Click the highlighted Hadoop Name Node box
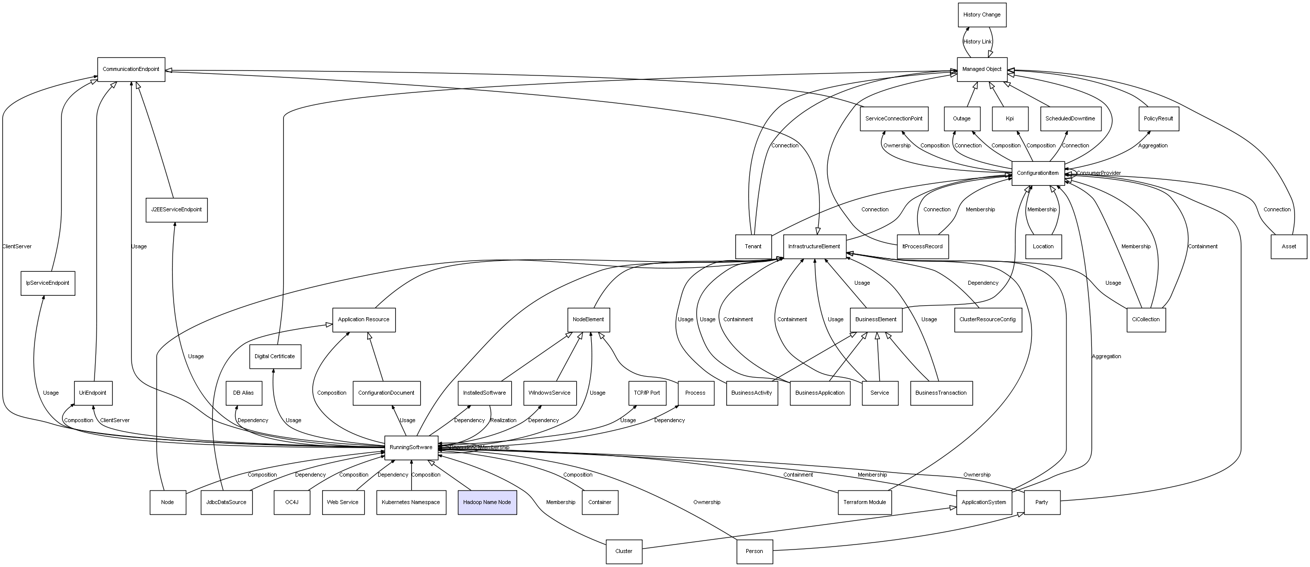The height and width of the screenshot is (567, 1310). pos(487,502)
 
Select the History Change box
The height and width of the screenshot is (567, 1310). pos(981,14)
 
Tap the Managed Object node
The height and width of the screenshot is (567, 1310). pos(981,69)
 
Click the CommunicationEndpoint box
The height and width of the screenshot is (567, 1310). pos(131,69)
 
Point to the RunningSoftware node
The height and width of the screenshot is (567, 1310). pos(411,447)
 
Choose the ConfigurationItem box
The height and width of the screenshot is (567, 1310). pos(1037,173)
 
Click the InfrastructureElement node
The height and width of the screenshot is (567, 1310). pos(814,246)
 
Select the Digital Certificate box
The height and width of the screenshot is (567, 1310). pos(275,356)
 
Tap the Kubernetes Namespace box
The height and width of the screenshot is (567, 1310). pos(411,502)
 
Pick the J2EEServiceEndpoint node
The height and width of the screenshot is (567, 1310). pos(177,209)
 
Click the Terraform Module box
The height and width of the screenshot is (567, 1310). pos(864,502)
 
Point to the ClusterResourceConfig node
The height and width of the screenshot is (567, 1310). pos(987,320)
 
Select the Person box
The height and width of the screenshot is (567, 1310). pos(754,551)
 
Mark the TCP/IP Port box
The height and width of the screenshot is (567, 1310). pos(647,393)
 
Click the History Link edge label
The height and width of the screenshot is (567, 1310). pos(977,41)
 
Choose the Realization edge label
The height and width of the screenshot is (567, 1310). pos(503,420)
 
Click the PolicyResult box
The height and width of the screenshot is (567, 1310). pos(1158,118)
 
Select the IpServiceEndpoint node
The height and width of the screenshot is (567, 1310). pos(48,283)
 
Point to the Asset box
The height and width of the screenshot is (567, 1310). pos(1288,246)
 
